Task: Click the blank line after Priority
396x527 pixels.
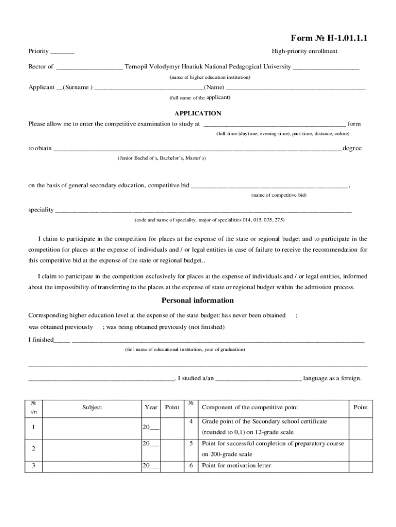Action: (x=62, y=52)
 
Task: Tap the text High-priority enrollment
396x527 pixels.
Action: (x=304, y=51)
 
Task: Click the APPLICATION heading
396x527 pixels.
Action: (x=198, y=113)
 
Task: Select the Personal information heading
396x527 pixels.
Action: (x=198, y=301)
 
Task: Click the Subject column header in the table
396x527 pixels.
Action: (x=92, y=407)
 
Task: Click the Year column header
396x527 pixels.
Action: (x=151, y=407)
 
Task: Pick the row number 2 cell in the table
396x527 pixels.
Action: (x=33, y=449)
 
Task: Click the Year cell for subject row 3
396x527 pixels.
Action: (x=151, y=466)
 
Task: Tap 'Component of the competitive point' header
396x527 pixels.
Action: (x=250, y=407)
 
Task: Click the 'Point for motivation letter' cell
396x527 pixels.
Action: (x=236, y=466)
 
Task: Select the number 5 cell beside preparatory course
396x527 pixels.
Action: (x=191, y=443)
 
